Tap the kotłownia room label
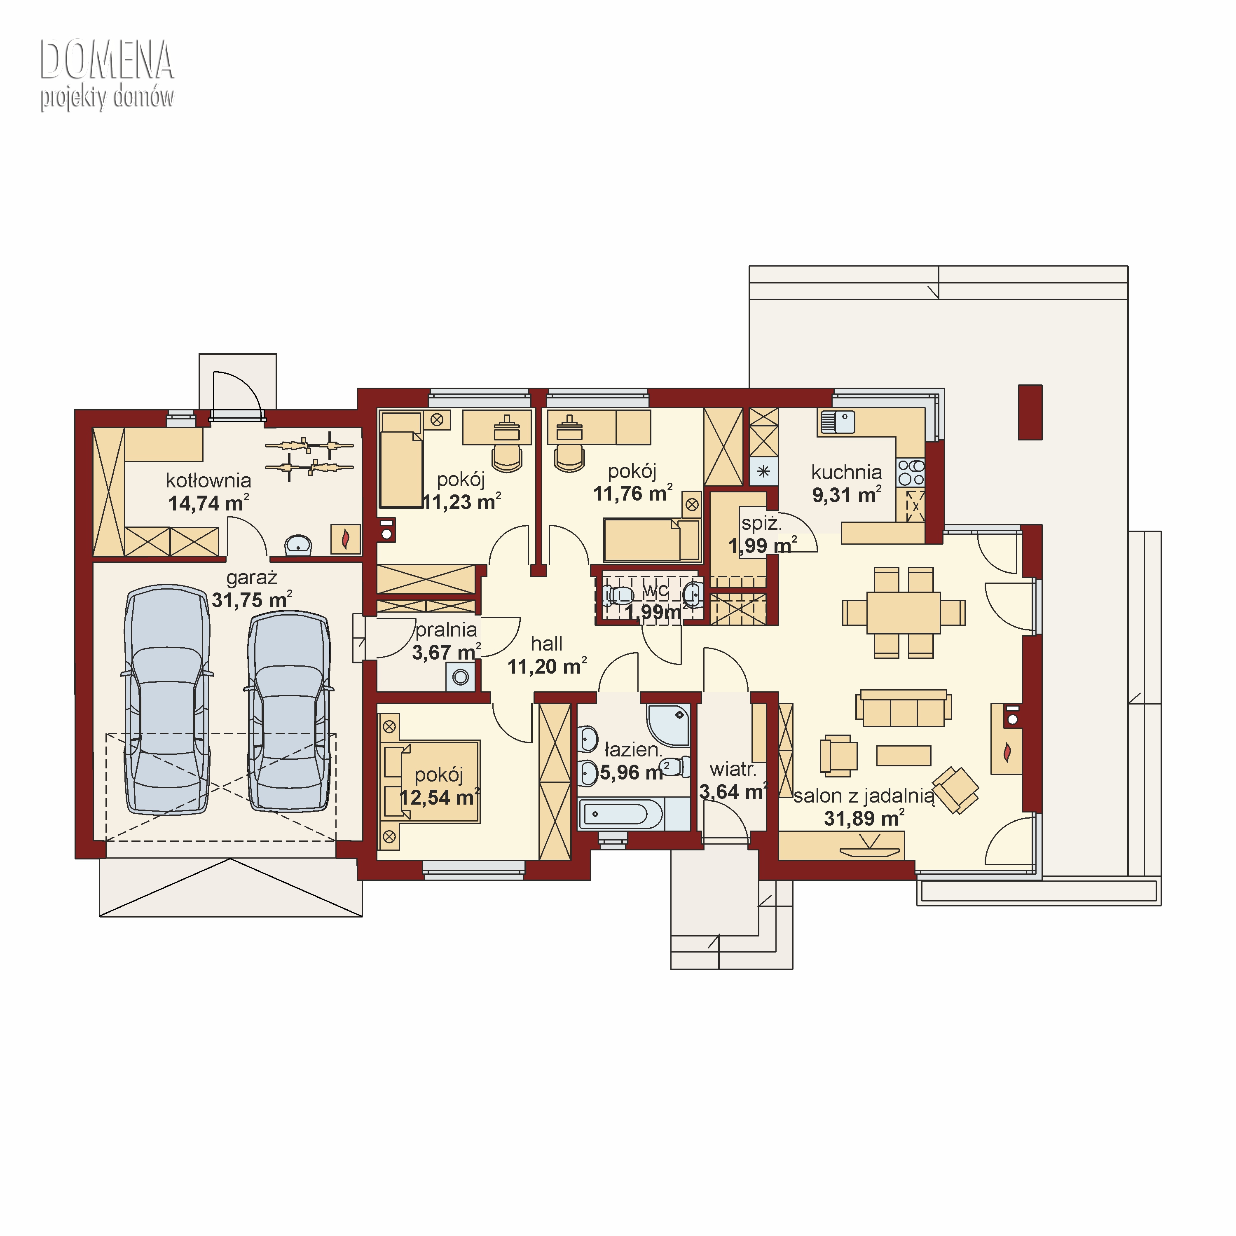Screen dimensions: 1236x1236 208,480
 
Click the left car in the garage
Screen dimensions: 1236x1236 168,699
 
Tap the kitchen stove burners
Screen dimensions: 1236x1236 911,473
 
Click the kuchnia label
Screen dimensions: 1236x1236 846,472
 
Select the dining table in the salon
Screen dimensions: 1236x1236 904,612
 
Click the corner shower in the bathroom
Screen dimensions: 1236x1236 669,725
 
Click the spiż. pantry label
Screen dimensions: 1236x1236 761,523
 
